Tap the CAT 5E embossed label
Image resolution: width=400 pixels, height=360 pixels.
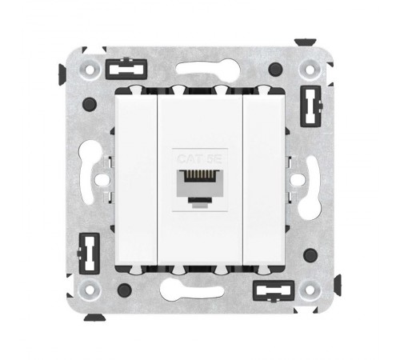point(199,159)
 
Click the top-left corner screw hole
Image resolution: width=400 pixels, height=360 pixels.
point(90,70)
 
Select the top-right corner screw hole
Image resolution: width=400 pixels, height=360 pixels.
point(310,70)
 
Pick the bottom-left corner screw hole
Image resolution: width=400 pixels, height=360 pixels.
point(90,290)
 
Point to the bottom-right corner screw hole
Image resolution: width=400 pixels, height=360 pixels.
point(310,290)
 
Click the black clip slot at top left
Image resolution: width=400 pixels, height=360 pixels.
point(126,69)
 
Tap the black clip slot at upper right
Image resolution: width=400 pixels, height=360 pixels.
point(311,106)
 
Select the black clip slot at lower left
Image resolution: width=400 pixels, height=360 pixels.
point(90,254)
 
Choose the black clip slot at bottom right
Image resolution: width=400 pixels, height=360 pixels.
point(274,290)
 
